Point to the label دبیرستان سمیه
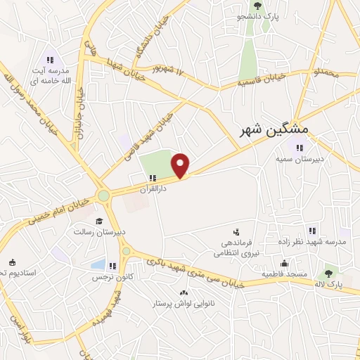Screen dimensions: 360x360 coord(301,159)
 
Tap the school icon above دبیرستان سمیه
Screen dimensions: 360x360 coord(300,148)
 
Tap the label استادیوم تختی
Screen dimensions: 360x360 coord(21,271)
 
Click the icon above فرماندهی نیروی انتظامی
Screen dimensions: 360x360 coord(236,231)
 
